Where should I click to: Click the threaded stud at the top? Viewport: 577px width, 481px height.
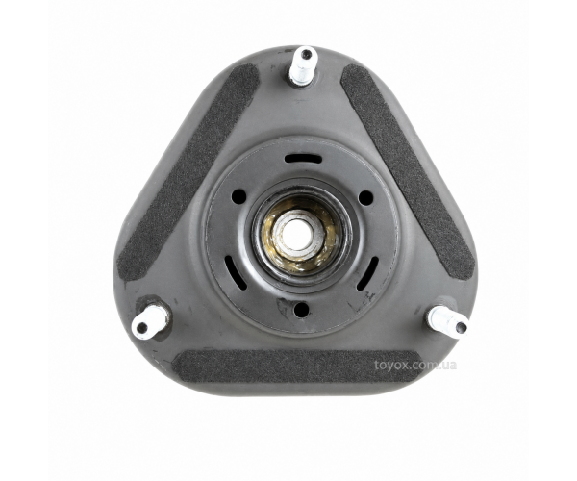pos(303,65)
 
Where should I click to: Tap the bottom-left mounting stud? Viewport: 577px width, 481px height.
pos(149,322)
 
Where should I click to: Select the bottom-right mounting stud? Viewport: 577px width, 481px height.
pos(448,320)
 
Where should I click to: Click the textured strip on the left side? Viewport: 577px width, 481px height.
pos(188,172)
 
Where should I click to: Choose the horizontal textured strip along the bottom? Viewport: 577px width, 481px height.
pos(296,367)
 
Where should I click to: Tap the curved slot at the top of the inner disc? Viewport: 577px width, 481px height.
pos(303,159)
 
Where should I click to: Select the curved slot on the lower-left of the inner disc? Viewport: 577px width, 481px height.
pos(236,272)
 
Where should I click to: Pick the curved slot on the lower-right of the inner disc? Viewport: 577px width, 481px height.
pos(367,273)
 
